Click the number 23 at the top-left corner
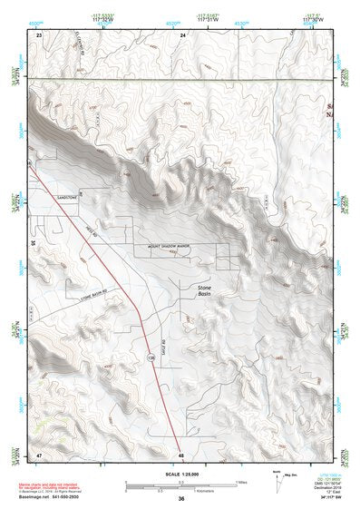[x=39, y=34]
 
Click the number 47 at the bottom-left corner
[x=39, y=453]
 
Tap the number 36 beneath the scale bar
[x=181, y=499]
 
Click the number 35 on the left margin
[x=33, y=243]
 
